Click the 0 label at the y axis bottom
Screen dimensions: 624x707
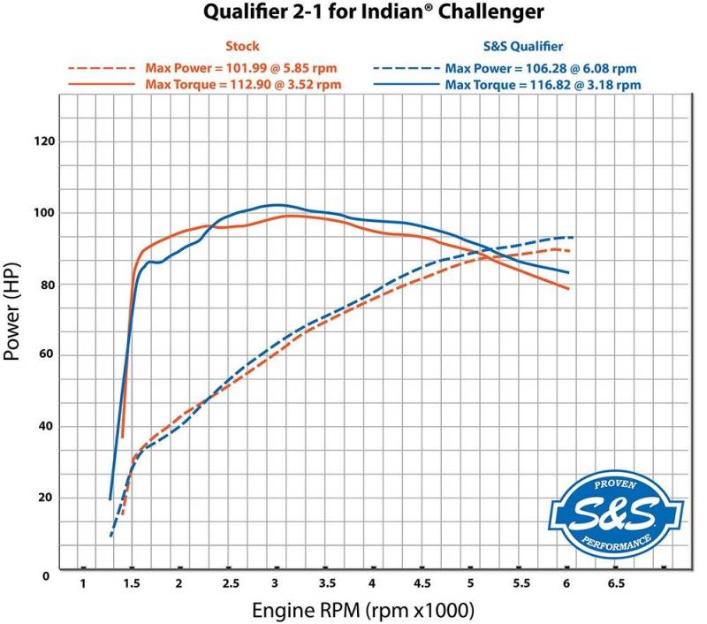46,575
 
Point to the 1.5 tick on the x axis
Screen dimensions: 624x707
131,584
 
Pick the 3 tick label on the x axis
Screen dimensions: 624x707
276,584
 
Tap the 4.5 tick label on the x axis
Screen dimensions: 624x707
421,584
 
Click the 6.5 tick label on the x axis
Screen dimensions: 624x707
615,584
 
